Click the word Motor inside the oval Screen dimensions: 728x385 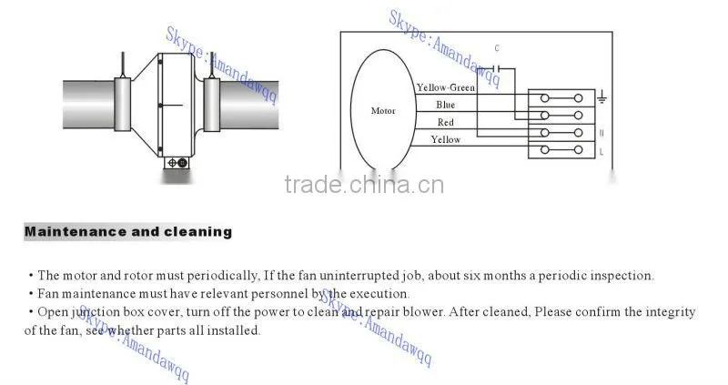point(383,110)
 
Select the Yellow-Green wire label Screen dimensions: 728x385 point(446,87)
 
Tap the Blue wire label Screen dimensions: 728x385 point(445,105)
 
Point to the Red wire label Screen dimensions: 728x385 point(445,122)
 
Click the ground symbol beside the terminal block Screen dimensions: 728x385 point(602,97)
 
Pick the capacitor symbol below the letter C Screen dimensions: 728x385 point(497,69)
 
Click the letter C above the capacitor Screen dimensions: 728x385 point(497,48)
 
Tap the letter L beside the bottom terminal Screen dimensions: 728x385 point(602,152)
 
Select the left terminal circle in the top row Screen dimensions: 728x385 point(544,98)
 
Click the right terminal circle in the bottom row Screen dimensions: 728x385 point(578,149)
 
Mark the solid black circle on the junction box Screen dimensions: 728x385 point(183,163)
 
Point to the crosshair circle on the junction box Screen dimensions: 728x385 point(172,163)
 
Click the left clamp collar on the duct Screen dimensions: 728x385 point(122,105)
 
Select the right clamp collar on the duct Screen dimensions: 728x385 point(212,105)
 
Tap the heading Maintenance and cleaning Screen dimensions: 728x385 point(128,231)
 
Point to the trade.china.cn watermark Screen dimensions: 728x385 point(365,185)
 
